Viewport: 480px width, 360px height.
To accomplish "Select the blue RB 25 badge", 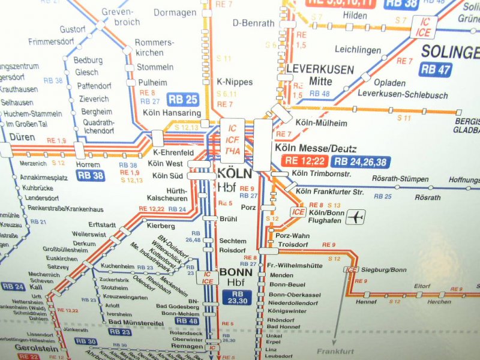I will pos(183,100).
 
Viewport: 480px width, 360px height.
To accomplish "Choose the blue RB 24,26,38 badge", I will pos(361,161).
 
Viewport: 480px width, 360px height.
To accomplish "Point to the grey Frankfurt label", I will pos(337,352).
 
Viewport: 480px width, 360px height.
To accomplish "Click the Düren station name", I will pos(22,137).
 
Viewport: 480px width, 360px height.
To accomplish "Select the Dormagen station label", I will pos(175,12).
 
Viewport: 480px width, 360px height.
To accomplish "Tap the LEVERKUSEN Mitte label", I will pos(320,74).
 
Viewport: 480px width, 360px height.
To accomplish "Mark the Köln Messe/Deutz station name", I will pos(315,148).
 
